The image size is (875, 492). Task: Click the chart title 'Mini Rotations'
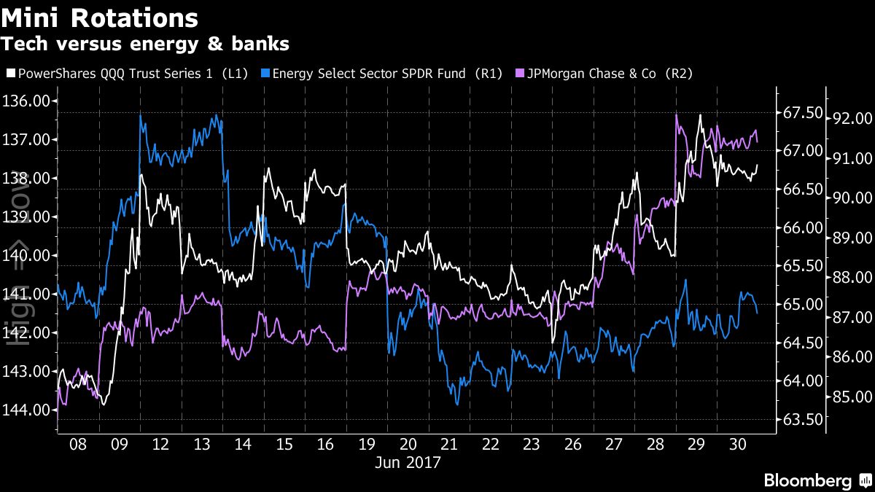(x=99, y=17)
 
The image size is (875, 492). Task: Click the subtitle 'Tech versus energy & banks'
(x=145, y=44)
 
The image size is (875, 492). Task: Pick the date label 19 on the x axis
(x=367, y=444)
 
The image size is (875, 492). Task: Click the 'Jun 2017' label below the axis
(x=408, y=462)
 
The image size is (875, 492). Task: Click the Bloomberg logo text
(x=807, y=480)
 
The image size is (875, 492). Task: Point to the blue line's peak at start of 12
(x=139, y=117)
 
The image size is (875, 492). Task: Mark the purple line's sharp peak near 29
(x=677, y=115)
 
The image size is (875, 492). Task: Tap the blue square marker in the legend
(x=266, y=74)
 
